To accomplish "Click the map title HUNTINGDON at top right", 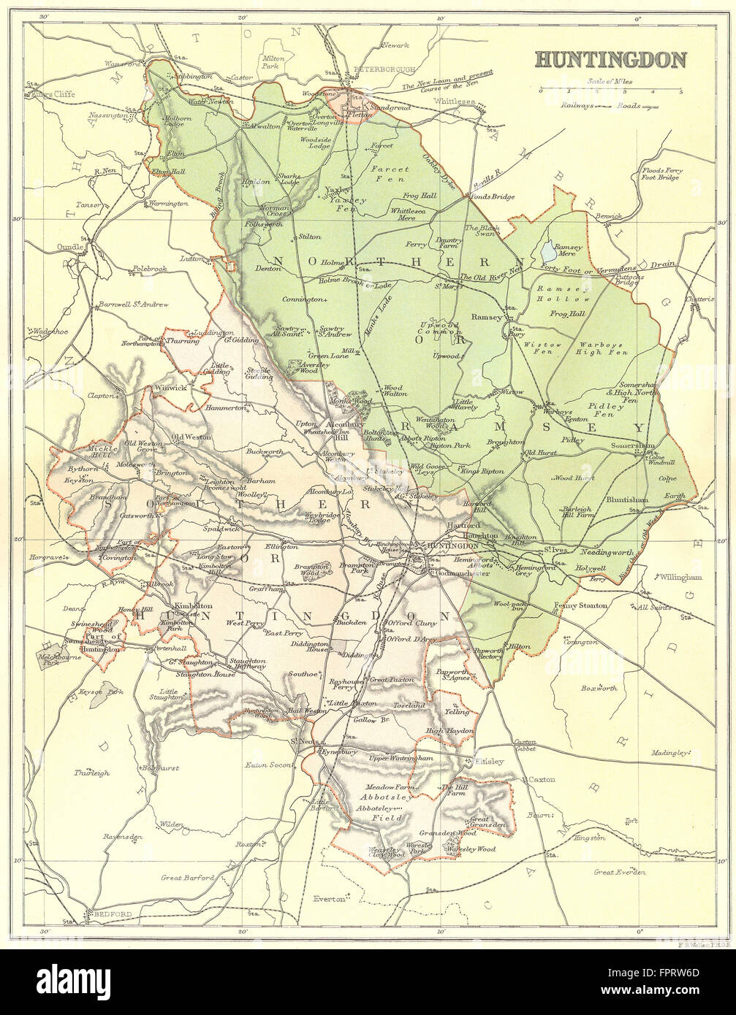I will click(x=611, y=59).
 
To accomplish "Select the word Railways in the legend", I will click(x=578, y=105).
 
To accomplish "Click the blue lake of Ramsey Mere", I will click(x=548, y=253).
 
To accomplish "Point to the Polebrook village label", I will click(x=149, y=269).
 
